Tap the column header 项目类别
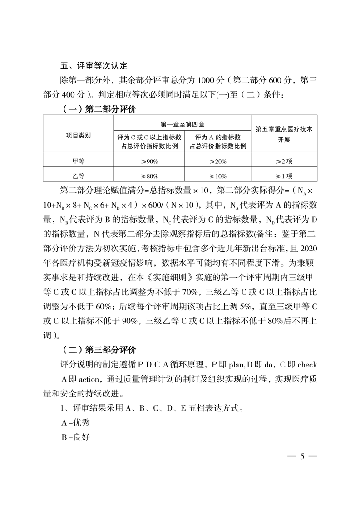(x=78, y=135)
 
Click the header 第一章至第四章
(x=185, y=123)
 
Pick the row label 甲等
(x=78, y=160)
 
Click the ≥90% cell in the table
(x=149, y=161)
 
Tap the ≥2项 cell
(x=284, y=161)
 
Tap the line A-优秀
(x=75, y=423)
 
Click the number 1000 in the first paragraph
(x=207, y=81)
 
